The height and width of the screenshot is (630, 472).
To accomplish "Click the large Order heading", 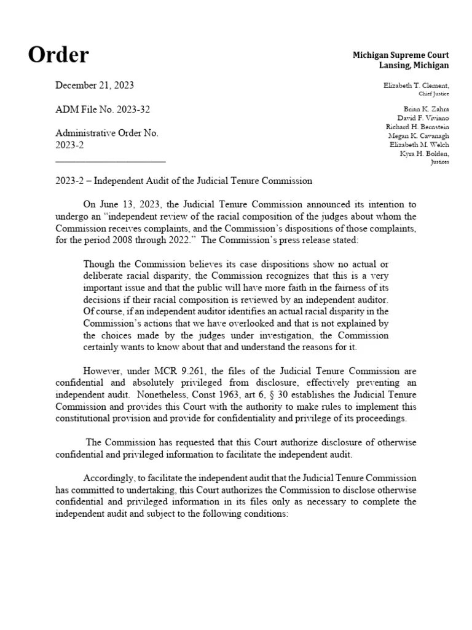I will [x=58, y=55].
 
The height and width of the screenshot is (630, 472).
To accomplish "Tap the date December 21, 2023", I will [x=94, y=86].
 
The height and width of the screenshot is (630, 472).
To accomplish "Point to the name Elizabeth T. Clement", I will [x=416, y=85].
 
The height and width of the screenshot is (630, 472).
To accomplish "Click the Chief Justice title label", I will [x=433, y=94].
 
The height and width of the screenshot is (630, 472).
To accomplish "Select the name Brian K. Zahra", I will [x=424, y=109].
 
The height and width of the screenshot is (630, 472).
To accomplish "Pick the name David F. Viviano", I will [x=420, y=118].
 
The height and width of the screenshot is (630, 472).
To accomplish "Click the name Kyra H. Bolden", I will [x=424, y=153].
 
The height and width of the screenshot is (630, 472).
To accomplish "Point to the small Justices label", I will [x=439, y=162].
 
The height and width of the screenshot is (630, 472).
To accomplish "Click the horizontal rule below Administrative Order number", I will [x=110, y=161].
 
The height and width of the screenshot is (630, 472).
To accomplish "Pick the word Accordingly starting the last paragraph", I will [x=107, y=478].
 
